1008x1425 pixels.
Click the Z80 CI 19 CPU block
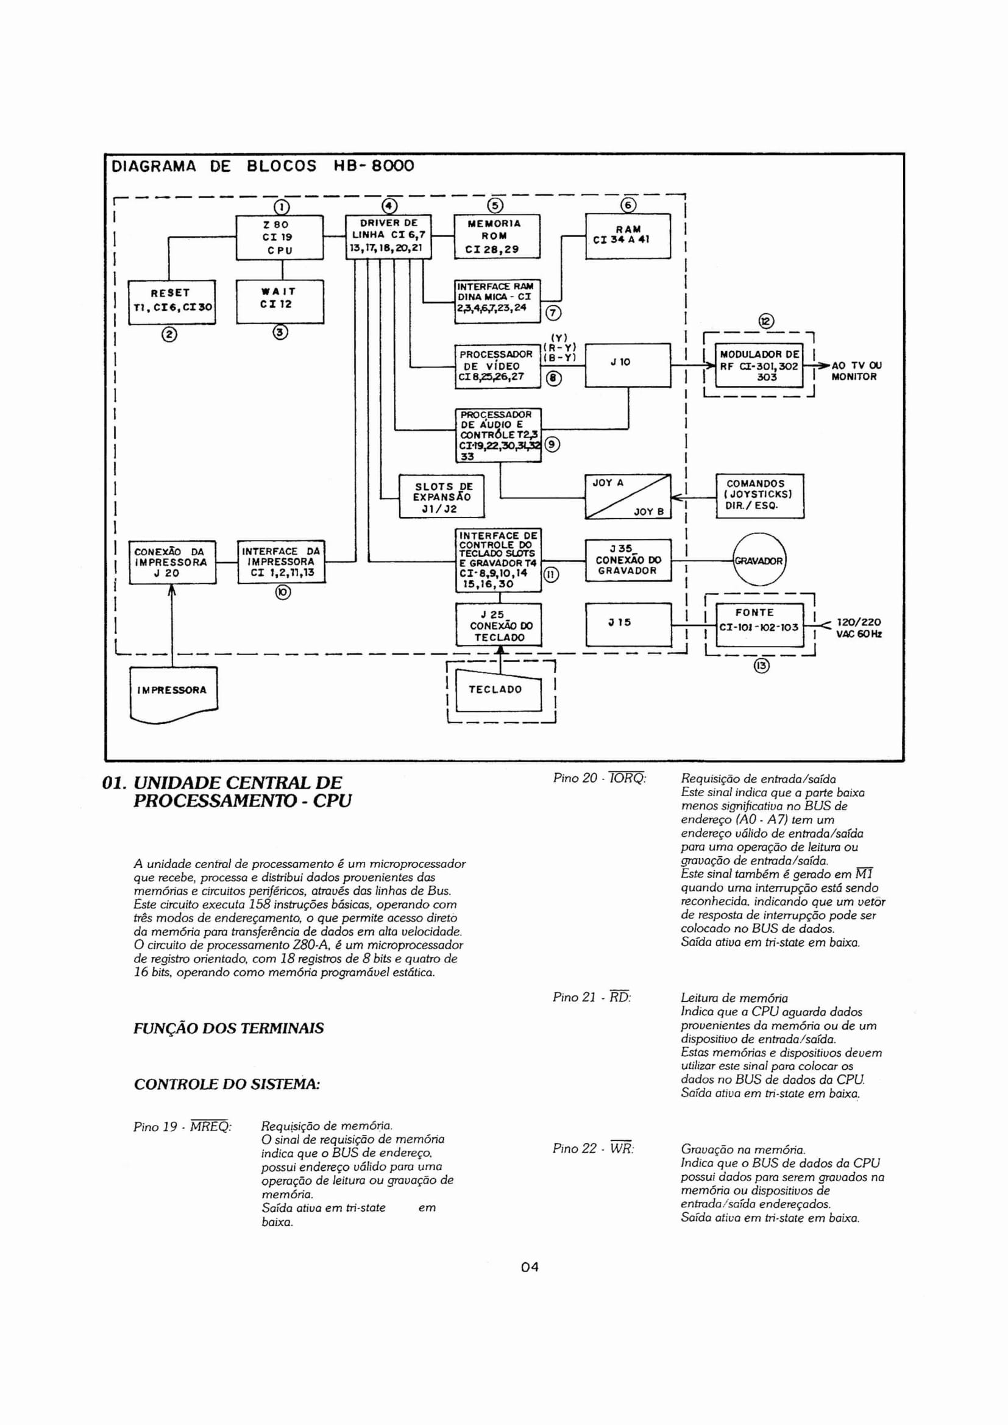(x=280, y=237)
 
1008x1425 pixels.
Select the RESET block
(x=171, y=302)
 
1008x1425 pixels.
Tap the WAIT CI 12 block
(x=280, y=302)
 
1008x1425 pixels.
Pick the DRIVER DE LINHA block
(x=389, y=237)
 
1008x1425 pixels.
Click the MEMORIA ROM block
(x=497, y=236)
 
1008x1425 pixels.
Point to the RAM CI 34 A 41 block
(x=628, y=236)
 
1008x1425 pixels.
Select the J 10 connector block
(x=628, y=365)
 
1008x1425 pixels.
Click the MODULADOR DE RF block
(x=759, y=365)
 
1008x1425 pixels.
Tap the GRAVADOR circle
(x=759, y=561)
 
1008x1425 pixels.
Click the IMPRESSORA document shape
(x=174, y=694)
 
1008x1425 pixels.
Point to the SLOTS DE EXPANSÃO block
(x=441, y=497)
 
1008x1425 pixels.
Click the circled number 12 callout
(x=766, y=321)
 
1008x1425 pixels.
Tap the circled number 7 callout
(x=552, y=313)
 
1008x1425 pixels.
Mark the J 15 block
(x=628, y=624)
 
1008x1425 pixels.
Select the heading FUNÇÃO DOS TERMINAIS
(x=229, y=1028)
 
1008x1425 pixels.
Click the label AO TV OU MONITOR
(x=856, y=371)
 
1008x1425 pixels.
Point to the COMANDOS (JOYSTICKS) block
(x=760, y=496)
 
